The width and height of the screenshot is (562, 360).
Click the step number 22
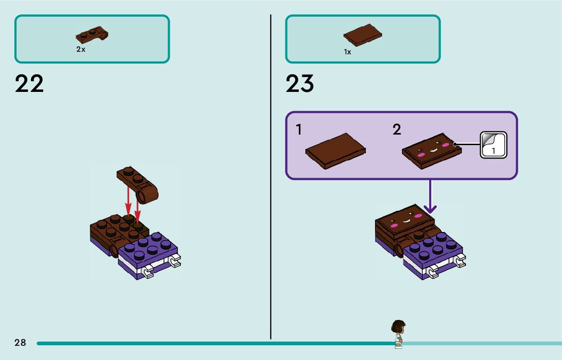click(x=29, y=84)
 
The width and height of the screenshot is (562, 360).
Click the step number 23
click(x=300, y=84)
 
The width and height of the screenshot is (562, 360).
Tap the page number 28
click(x=20, y=343)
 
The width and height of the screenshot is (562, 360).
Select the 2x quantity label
click(x=81, y=49)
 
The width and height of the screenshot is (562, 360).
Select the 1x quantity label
click(x=348, y=52)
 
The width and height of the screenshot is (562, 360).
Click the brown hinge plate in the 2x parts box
click(x=92, y=35)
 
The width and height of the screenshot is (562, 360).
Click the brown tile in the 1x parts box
click(x=362, y=36)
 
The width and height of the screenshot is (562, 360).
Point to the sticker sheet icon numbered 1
click(x=493, y=145)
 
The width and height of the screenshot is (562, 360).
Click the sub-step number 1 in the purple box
click(x=299, y=130)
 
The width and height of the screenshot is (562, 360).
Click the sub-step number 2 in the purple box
click(x=397, y=130)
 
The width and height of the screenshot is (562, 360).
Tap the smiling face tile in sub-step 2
click(x=432, y=151)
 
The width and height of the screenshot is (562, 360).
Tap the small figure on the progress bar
click(x=398, y=334)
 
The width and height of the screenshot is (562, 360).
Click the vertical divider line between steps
click(x=270, y=178)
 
